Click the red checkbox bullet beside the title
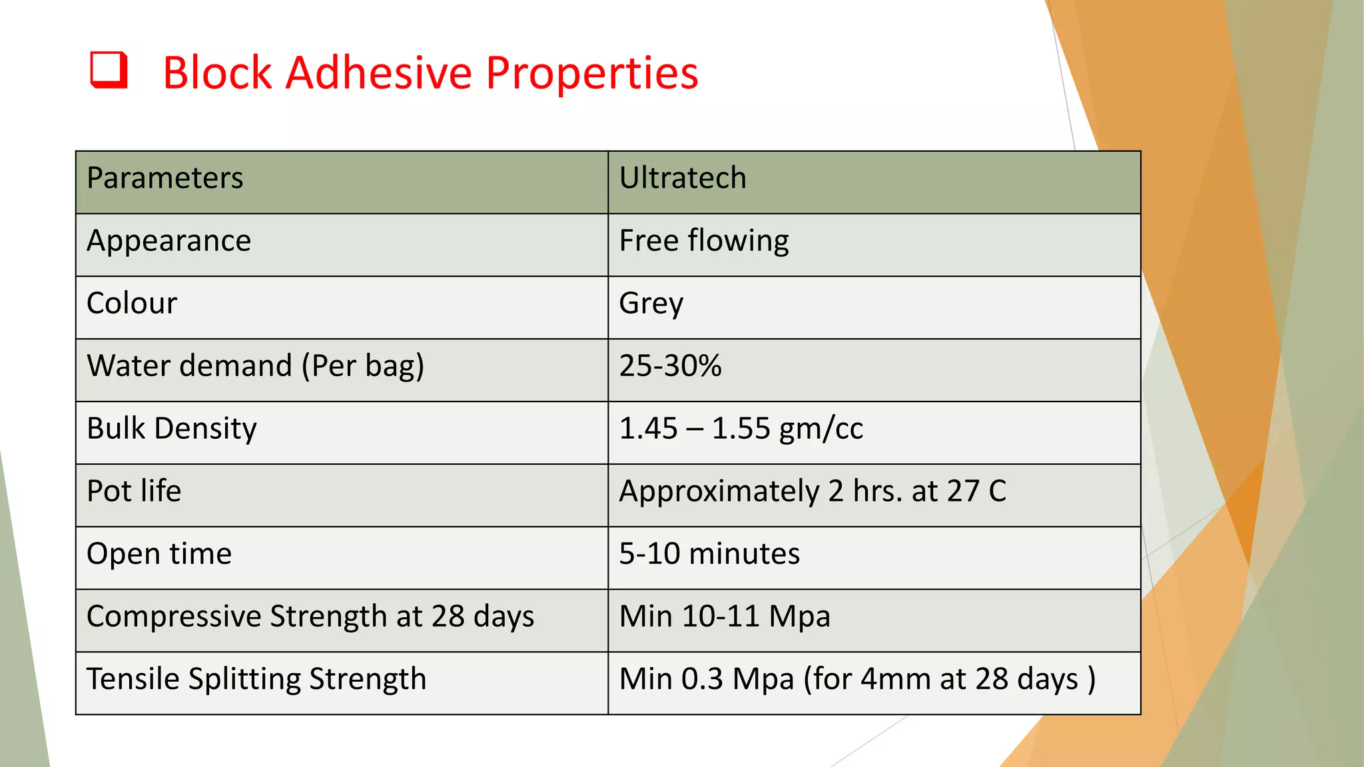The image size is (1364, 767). click(109, 70)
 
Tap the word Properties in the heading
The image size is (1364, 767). click(592, 73)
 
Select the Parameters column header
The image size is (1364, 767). click(165, 178)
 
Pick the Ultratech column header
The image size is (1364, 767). click(683, 178)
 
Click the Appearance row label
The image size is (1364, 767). click(169, 241)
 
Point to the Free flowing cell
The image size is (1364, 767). click(703, 241)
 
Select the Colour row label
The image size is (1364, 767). click(132, 304)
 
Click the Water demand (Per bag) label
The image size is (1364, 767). click(255, 366)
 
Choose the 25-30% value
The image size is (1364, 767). click(670, 366)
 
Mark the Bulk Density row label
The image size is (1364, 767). click(171, 429)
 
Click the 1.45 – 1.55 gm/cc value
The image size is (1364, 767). click(741, 429)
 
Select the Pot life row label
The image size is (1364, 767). click(134, 491)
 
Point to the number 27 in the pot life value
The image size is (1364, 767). click(963, 491)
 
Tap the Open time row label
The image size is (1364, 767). click(159, 554)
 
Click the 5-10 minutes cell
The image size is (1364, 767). click(709, 554)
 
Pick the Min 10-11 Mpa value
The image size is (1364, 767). click(724, 617)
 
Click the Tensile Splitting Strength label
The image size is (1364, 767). click(256, 679)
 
